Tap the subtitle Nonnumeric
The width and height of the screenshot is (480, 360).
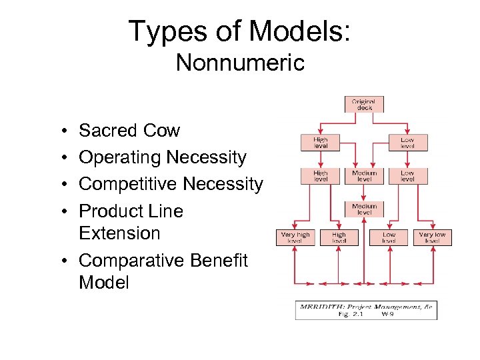[240, 63]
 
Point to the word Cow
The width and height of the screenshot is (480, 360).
[163, 131]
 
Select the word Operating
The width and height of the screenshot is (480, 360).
[120, 157]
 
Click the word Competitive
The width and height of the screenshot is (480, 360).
[127, 184]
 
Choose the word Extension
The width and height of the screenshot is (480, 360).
[119, 233]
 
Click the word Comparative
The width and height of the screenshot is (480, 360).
[131, 260]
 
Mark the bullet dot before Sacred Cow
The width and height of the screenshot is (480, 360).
[61, 131]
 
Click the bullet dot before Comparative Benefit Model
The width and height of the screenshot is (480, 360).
[61, 261]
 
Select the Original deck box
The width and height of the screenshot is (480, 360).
[364, 105]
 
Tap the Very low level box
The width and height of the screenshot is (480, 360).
[432, 237]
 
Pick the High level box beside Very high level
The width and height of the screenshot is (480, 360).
[339, 237]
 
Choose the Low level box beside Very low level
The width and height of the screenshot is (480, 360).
[389, 237]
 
